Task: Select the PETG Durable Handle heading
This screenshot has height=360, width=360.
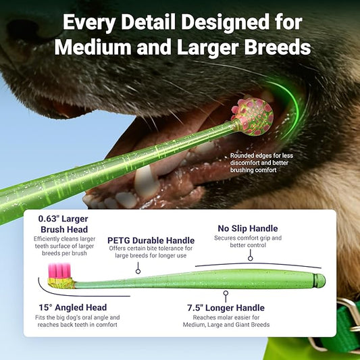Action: click(151, 240)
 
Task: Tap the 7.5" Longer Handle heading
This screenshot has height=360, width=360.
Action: click(226, 307)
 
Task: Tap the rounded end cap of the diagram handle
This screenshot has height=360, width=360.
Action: click(320, 280)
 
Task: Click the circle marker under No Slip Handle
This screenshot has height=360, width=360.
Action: click(250, 257)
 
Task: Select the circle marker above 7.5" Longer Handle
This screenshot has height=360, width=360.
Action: click(226, 293)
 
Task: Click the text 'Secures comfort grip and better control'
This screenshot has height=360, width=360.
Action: click(247, 242)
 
